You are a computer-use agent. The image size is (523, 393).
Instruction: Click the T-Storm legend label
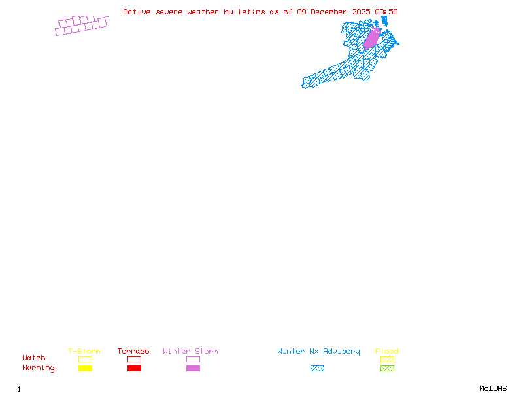click(84, 352)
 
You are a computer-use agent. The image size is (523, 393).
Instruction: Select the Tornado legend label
click(133, 352)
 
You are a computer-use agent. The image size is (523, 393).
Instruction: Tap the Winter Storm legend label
click(190, 352)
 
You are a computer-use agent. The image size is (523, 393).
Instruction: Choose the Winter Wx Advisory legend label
click(318, 352)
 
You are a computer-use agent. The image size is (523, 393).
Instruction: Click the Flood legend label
click(387, 352)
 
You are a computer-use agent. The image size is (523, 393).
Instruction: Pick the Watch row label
click(34, 358)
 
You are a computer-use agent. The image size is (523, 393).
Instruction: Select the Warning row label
click(39, 368)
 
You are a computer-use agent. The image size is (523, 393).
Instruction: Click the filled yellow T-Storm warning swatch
click(85, 369)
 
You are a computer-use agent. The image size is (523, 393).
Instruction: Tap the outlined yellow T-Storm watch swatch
click(85, 359)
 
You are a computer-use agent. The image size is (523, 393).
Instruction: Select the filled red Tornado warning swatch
click(134, 369)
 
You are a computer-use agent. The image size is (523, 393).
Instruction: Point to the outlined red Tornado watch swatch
click(134, 359)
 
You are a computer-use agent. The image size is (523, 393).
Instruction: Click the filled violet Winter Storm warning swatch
click(193, 369)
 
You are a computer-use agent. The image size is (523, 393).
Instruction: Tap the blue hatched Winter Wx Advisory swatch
click(317, 369)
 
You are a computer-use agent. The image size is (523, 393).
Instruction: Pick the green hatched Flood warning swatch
click(387, 369)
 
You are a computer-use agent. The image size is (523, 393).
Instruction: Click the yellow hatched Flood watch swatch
click(387, 359)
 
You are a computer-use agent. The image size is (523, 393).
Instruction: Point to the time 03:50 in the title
click(386, 12)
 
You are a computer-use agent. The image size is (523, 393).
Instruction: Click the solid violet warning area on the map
click(371, 39)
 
